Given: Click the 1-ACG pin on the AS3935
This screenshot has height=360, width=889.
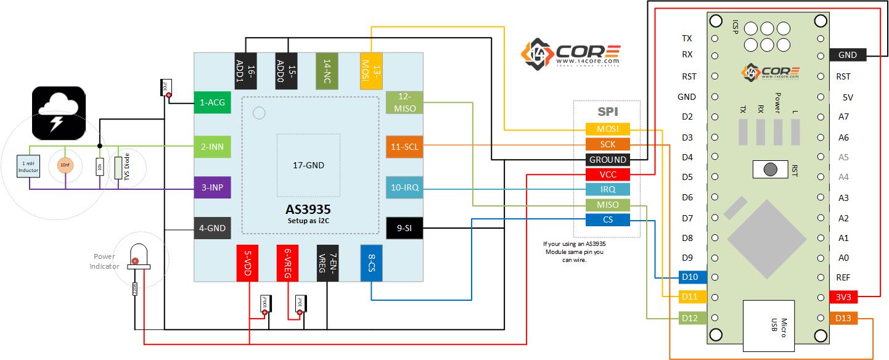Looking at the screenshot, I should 212,102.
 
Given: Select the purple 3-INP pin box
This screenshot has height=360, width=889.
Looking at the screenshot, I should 212,187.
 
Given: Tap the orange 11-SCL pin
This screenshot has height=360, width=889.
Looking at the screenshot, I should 404,147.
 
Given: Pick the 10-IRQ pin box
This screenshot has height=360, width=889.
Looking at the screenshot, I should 404,187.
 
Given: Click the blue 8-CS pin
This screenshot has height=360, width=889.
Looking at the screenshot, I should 372,264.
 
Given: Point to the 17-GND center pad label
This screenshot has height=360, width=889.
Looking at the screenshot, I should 308,165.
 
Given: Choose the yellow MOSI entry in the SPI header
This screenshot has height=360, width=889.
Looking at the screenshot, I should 607,129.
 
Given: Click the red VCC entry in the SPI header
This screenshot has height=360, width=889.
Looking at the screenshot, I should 607,174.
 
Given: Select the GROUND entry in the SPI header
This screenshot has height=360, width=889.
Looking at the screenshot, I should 607,160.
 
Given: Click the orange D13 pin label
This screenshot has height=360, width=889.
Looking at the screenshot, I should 843,318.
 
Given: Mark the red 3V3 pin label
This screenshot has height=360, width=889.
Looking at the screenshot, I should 843,297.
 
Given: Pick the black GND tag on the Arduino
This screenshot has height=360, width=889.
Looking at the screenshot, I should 848,55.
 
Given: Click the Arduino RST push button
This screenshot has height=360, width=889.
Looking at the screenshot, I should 769,169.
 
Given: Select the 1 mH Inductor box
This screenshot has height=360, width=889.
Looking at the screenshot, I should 28,166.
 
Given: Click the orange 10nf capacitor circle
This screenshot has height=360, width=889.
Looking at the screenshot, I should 65,165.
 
